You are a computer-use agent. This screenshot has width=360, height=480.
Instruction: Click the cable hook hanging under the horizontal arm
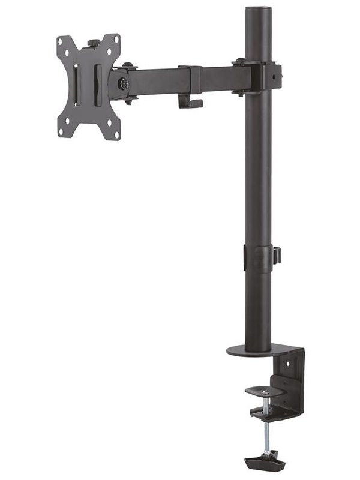(x=190, y=101)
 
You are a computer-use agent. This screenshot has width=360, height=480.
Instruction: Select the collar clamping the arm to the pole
(x=262, y=77)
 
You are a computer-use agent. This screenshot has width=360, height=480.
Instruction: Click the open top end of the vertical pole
(x=257, y=8)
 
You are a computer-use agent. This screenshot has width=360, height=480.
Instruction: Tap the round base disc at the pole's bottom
(x=256, y=349)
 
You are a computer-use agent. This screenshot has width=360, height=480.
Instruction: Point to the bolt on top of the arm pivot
(x=128, y=65)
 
